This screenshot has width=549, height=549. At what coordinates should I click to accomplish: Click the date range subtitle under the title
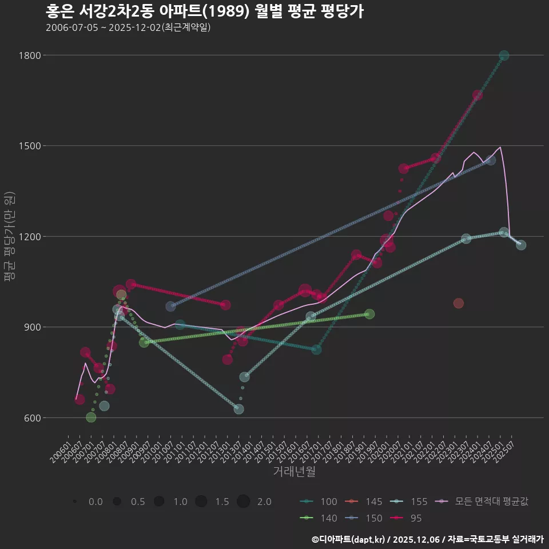click(x=128, y=27)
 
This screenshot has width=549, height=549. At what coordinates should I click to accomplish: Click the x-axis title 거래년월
click(x=294, y=471)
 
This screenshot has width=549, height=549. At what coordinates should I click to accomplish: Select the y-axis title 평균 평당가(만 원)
click(x=9, y=236)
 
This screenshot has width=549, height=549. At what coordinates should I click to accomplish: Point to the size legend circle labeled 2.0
click(x=244, y=502)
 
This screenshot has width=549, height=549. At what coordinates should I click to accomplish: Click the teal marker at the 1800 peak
click(x=504, y=55)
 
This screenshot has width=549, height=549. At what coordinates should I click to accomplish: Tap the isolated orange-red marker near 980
click(x=459, y=303)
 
